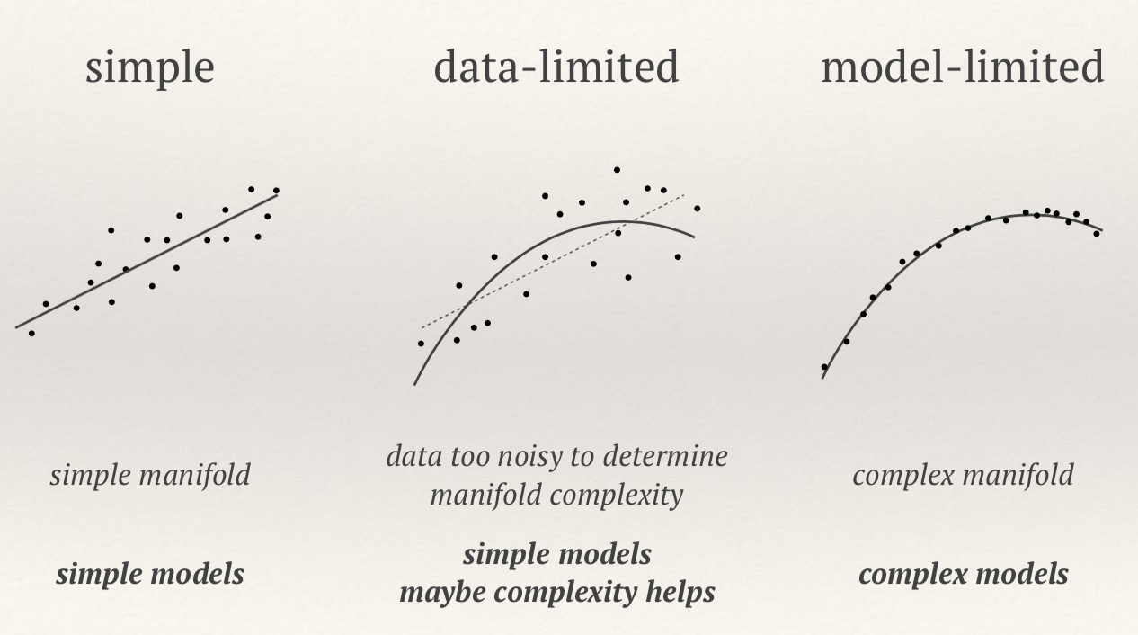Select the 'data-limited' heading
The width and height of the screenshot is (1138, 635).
coord(556,67)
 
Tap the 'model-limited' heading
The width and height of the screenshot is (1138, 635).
coord(962,67)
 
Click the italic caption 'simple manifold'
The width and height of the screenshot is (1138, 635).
coord(149,475)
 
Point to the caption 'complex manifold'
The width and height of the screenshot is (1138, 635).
coord(962,475)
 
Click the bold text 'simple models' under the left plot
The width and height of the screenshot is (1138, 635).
coord(149,574)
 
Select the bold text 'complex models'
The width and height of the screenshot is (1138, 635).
coord(963,574)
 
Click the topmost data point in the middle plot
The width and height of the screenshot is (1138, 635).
coord(617,169)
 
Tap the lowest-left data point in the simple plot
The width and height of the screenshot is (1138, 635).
coord(31,334)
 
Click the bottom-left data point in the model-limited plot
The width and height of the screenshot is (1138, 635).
coord(824,367)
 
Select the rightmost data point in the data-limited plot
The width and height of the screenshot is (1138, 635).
coord(697,209)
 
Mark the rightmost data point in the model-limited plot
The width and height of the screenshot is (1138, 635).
coord(1097,234)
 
